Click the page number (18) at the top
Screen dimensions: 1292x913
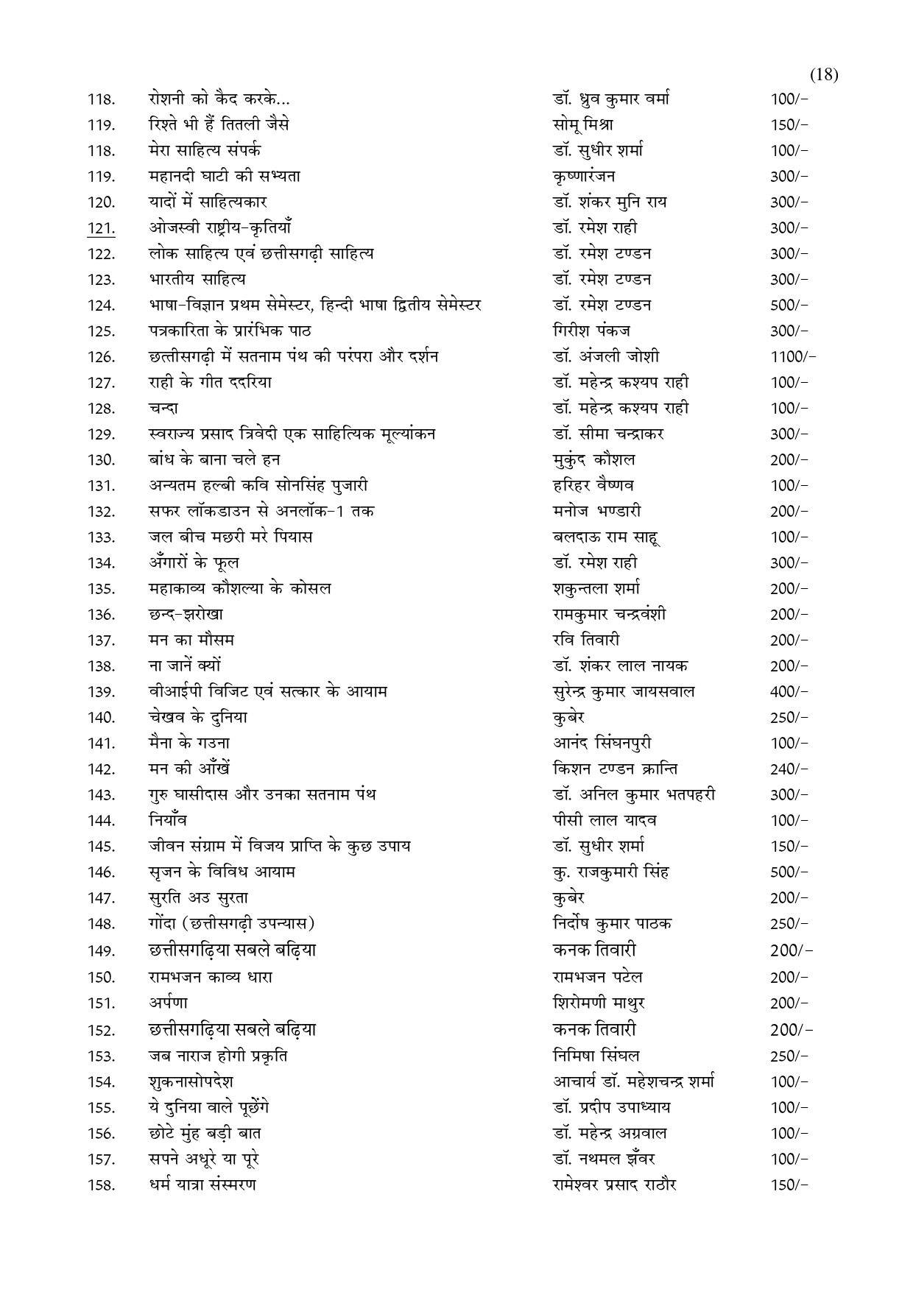(824, 74)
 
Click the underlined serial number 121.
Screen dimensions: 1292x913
(101, 228)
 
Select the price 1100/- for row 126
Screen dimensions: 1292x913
(793, 357)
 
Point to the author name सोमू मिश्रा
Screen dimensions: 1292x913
(582, 124)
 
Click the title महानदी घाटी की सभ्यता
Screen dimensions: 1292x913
(224, 176)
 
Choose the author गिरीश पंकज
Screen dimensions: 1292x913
(591, 331)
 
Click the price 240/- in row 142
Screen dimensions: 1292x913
(789, 769)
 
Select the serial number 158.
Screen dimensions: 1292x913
(101, 1185)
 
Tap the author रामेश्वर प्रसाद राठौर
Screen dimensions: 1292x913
(614, 1185)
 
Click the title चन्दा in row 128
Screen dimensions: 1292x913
(163, 408)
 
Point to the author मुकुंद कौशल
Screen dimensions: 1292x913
(593, 459)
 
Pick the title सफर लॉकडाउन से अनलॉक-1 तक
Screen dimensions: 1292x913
(261, 511)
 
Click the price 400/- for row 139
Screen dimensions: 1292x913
(789, 692)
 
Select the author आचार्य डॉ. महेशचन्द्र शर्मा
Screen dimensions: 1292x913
(633, 1081)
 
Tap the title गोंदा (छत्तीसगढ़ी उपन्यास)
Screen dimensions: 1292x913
(231, 923)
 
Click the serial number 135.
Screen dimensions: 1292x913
(101, 589)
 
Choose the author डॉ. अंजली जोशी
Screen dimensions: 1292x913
(605, 356)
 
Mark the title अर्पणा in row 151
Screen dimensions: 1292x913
(168, 1003)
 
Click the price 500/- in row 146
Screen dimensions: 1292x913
(789, 872)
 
